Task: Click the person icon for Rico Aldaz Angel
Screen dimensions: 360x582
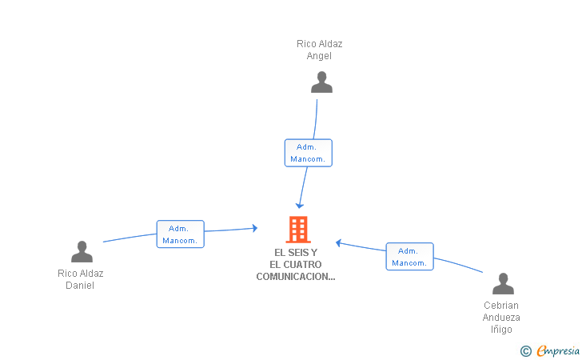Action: [321, 82]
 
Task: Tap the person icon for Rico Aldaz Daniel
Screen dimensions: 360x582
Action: [82, 252]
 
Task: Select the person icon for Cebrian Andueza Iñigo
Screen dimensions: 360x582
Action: [502, 284]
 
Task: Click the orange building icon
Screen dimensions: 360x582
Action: [298, 230]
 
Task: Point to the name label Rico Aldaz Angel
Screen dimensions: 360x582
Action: [319, 50]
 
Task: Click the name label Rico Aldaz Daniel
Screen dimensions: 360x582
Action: [80, 279]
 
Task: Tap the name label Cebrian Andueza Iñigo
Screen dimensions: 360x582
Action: [501, 317]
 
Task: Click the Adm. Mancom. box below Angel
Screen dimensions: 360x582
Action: [308, 153]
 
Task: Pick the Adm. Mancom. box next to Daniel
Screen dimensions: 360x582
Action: [180, 234]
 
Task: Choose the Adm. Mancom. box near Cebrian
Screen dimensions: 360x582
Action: [409, 256]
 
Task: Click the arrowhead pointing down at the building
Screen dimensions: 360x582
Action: [300, 206]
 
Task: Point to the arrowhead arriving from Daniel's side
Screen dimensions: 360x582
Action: [254, 228]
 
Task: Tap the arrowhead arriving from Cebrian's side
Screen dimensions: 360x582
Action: [339, 242]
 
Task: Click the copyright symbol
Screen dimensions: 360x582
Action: [525, 350]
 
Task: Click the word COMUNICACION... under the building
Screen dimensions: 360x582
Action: [295, 277]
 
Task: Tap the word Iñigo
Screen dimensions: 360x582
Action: [501, 330]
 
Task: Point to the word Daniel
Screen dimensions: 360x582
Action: [80, 286]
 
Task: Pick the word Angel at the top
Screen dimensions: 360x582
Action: [319, 56]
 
